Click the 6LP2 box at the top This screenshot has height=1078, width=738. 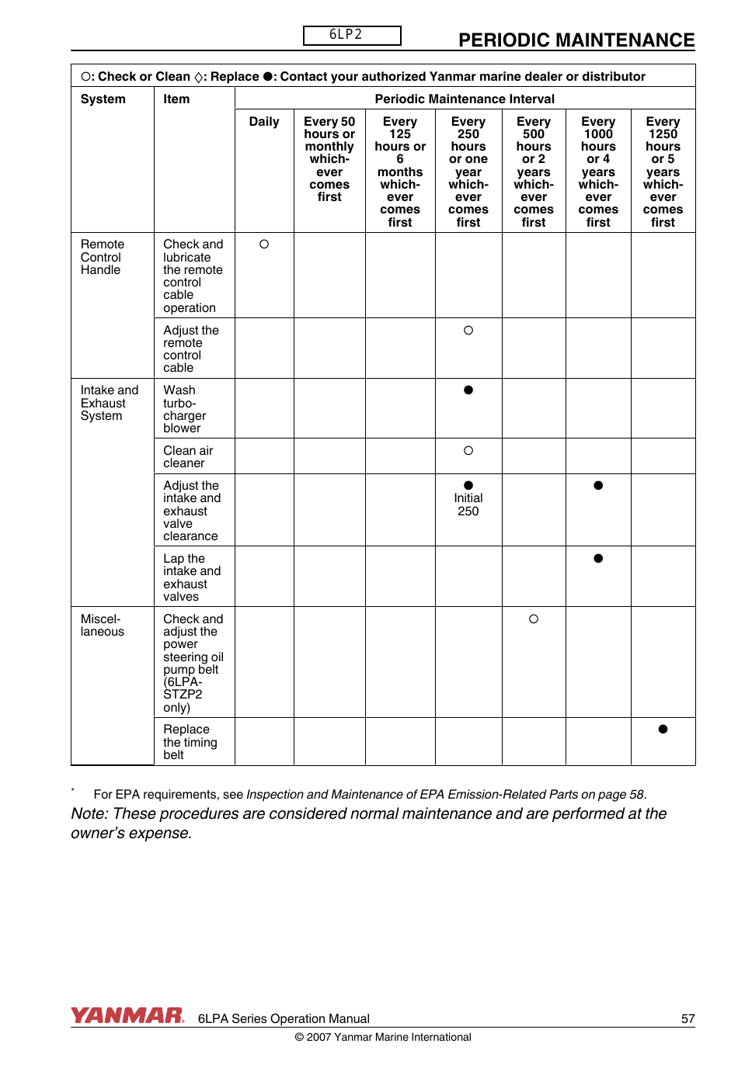click(352, 35)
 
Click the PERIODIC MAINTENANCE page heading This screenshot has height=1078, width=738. click(576, 40)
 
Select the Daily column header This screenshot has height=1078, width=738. click(264, 122)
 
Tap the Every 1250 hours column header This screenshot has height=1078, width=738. click(663, 172)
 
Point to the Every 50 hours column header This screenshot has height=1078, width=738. click(329, 159)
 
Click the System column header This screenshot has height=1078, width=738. click(103, 99)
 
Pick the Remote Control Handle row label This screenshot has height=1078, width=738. click(102, 257)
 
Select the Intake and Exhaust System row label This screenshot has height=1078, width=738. click(109, 403)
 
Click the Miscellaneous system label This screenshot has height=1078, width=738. click(102, 626)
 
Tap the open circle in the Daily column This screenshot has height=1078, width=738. click(264, 244)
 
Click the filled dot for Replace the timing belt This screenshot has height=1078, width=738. click(663, 730)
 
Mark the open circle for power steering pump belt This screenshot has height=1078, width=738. click(534, 619)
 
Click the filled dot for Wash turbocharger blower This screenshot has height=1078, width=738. click(468, 390)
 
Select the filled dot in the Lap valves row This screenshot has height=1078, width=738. click(598, 559)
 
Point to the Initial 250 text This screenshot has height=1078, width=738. click(468, 504)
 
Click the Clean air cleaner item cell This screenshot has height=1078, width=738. click(188, 457)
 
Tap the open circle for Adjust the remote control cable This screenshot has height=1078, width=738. click(468, 331)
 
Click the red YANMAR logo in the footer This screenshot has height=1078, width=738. click(127, 1015)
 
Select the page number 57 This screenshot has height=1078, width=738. click(688, 1019)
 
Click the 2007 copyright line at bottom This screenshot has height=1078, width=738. click(383, 1038)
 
